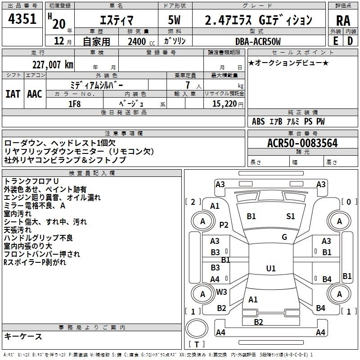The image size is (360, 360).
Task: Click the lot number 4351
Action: tap(22, 19)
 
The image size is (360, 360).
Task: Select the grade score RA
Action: tap(343, 21)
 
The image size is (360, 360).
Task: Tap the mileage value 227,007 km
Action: tap(53, 65)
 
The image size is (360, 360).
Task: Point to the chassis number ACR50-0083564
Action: tap(302, 143)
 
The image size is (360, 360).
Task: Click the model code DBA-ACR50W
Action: tap(258, 41)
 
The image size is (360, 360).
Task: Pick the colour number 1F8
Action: tap(75, 104)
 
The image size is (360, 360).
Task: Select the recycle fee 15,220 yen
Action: tap(228, 104)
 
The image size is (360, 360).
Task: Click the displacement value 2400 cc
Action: tap(141, 41)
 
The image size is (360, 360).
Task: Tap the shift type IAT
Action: tap(13, 94)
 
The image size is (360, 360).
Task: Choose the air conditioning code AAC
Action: tap(35, 94)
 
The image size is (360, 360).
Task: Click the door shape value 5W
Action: tap(174, 20)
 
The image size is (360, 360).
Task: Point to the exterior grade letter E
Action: tap(335, 41)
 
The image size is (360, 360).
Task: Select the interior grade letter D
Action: tap(350, 41)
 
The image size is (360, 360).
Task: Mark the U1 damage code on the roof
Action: tap(271, 268)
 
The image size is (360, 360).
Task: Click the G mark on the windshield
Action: tap(284, 237)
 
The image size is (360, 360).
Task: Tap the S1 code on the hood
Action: tap(290, 216)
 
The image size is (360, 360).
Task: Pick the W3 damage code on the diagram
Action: tap(221, 292)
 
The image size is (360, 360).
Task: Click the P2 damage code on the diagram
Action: tap(224, 225)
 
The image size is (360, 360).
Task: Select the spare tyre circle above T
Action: tap(197, 328)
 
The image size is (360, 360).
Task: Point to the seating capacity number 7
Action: tap(188, 85)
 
